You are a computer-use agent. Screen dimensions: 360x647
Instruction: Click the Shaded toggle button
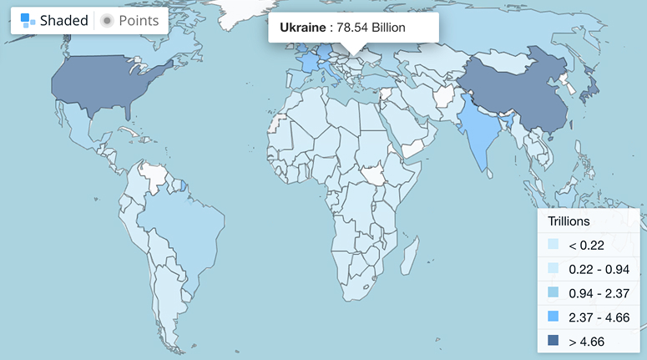click(x=54, y=21)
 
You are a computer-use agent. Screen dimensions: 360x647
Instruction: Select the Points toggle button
click(x=130, y=21)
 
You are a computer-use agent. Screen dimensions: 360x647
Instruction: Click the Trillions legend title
click(x=569, y=221)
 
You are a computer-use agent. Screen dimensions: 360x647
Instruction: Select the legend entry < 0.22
click(x=584, y=246)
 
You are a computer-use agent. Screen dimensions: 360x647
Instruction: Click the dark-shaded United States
click(x=109, y=84)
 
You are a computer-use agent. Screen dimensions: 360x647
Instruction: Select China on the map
click(x=509, y=92)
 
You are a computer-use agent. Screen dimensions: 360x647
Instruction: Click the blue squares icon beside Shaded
click(x=28, y=21)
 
